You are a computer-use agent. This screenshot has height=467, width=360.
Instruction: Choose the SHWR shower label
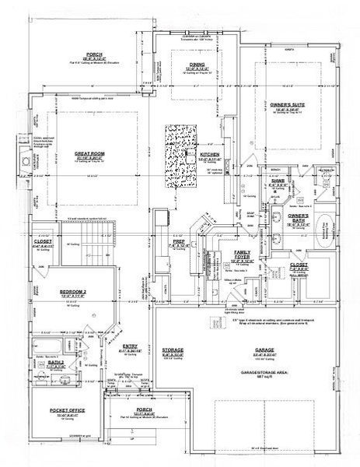click(278, 181)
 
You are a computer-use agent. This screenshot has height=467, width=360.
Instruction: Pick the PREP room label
click(178, 243)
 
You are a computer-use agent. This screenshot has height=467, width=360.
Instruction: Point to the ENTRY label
click(131, 347)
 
